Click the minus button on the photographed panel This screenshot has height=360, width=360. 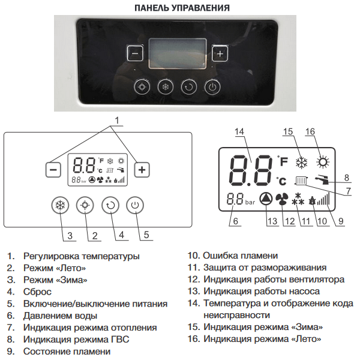click(135, 53)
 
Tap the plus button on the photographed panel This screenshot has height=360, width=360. click(220, 53)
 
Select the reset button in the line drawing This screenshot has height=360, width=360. click(110, 205)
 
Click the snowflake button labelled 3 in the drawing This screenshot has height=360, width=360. click(60, 205)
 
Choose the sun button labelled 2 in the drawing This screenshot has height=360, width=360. click(85, 205)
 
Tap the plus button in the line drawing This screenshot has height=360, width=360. click(142, 170)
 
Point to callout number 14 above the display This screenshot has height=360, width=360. click(239, 131)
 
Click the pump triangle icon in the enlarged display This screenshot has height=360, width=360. click(266, 199)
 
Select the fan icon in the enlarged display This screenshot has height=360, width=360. click(282, 199)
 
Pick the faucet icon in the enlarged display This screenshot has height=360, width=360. click(322, 180)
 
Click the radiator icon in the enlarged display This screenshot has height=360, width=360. click(301, 181)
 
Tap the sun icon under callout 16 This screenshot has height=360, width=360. click(323, 162)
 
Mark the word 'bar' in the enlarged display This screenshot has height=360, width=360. click(250, 202)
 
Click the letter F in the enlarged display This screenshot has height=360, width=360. click(284, 162)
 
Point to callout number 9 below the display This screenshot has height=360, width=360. click(341, 221)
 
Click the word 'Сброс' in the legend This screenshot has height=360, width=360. click(37, 292)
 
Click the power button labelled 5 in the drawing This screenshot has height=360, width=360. click(135, 205)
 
